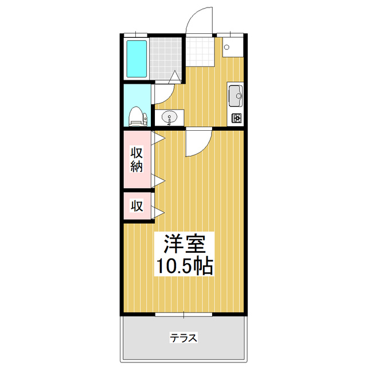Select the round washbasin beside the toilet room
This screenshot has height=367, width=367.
(170, 118)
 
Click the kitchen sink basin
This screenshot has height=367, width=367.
(235, 95)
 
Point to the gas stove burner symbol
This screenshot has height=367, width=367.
(236, 119)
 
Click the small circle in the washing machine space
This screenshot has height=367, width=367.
(227, 48)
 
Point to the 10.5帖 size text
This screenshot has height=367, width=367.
(184, 266)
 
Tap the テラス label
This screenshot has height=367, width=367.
(183, 338)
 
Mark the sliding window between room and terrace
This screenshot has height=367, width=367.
(183, 314)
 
